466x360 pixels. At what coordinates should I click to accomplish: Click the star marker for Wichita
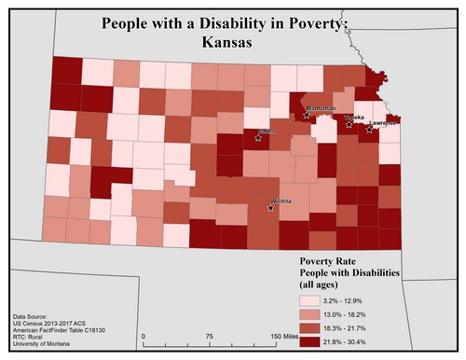271,208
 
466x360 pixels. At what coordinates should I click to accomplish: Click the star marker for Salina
258,137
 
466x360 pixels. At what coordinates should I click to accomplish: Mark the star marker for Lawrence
369,129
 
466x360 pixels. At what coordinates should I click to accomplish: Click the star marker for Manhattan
307,115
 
